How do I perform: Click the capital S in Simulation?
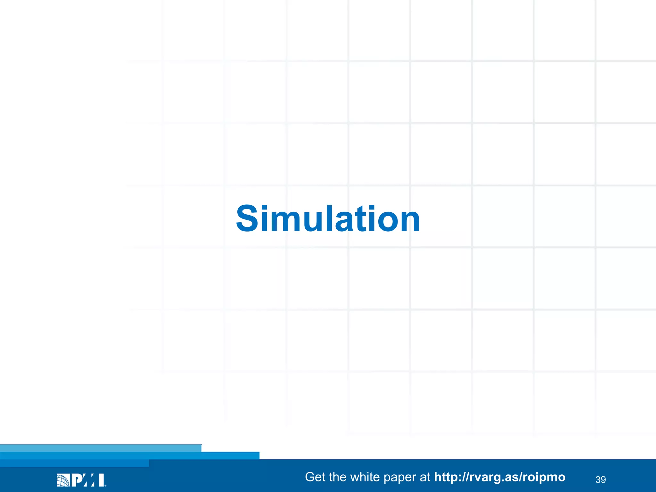tap(246, 218)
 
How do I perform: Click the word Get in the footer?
tap(315, 477)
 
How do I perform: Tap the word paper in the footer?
tap(400, 478)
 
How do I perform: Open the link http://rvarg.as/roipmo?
tap(500, 477)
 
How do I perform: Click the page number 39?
tap(601, 480)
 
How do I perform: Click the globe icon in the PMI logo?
tap(63, 480)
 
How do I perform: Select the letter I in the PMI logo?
tap(102, 480)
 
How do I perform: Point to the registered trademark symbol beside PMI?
tap(105, 485)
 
